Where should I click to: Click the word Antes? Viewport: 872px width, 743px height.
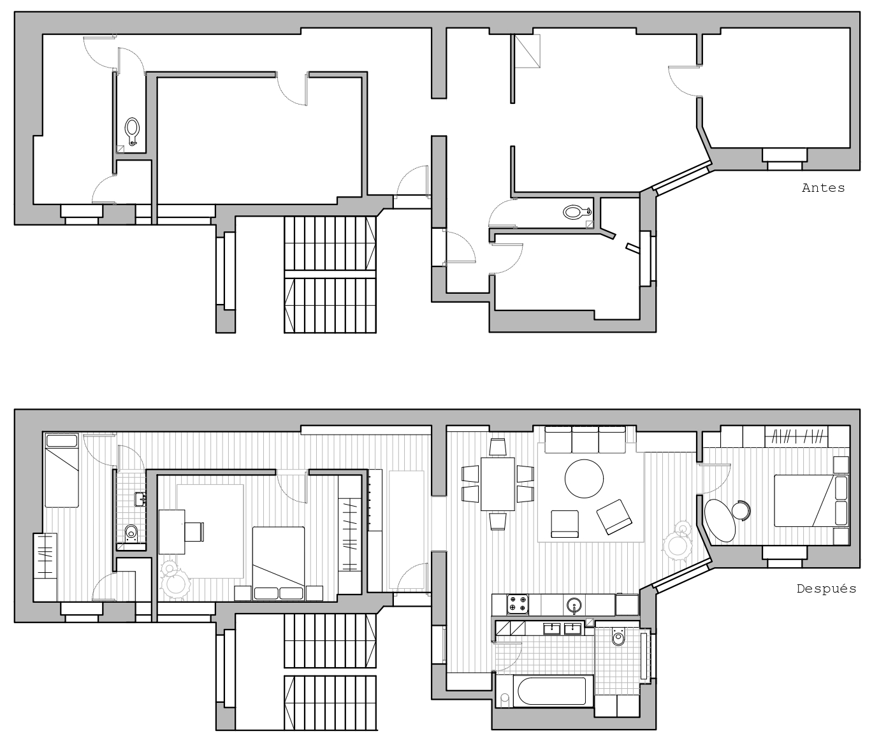click(823, 187)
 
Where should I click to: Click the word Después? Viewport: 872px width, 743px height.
click(826, 589)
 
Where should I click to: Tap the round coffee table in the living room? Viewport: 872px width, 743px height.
click(584, 479)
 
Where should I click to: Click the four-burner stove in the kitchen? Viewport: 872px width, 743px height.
click(518, 603)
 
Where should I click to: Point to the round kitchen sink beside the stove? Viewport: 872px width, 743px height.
click(574, 605)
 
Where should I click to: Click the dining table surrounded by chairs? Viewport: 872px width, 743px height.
click(498, 484)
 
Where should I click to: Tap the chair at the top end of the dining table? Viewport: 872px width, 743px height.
click(498, 447)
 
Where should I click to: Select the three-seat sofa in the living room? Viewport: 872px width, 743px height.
click(585, 439)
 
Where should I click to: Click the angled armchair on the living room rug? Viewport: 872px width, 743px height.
click(614, 517)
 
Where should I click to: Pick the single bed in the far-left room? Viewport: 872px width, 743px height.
click(62, 470)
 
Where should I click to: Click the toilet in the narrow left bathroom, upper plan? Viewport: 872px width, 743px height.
click(133, 131)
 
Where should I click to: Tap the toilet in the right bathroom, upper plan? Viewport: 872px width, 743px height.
click(576, 212)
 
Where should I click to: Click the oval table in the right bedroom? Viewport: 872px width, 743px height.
click(719, 521)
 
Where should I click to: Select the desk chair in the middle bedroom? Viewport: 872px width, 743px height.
click(195, 531)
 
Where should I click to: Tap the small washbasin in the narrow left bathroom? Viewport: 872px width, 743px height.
click(140, 499)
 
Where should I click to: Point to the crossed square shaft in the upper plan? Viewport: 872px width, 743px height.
click(527, 51)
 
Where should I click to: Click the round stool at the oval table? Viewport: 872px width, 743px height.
click(741, 510)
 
